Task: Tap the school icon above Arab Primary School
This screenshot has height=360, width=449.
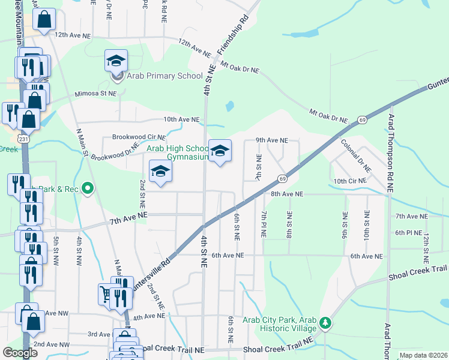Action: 116,61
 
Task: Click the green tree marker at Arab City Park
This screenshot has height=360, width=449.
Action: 325,323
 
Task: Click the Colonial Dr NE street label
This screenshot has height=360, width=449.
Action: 355,155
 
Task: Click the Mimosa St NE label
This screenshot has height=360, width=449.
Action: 95,94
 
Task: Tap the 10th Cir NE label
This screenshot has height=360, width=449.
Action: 349,181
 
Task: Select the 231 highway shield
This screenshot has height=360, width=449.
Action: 22,138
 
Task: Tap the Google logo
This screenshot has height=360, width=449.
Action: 20,352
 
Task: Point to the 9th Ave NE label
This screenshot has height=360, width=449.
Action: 272,140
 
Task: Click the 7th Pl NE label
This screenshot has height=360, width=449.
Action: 263,223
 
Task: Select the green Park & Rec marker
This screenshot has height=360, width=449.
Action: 88,189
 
